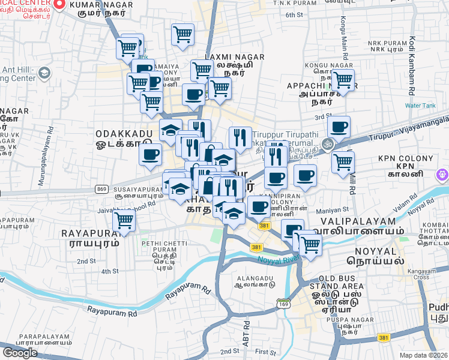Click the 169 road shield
283,305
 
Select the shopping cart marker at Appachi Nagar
342,79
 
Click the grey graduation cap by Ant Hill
43,73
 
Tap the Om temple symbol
328,143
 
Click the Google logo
20,352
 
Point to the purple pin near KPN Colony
443,175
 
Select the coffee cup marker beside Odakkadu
150,154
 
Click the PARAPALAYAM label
40,337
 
